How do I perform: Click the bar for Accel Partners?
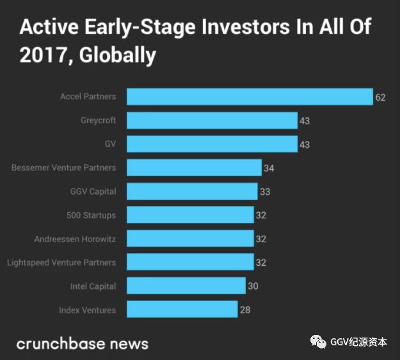(x=250, y=97)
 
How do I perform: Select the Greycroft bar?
(x=212, y=120)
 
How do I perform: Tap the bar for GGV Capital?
(x=192, y=192)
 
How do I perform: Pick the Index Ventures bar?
(x=182, y=310)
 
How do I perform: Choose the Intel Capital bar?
(x=186, y=286)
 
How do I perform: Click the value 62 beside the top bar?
(x=381, y=97)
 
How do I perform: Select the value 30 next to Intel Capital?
(x=253, y=286)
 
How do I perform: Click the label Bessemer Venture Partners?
(x=63, y=168)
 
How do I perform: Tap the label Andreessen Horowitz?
(x=75, y=239)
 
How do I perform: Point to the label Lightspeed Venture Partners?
(x=61, y=263)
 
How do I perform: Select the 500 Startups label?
(x=91, y=215)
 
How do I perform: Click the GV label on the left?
(x=110, y=144)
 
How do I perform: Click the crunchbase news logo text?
(x=82, y=343)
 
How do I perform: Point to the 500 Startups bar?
(x=190, y=215)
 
